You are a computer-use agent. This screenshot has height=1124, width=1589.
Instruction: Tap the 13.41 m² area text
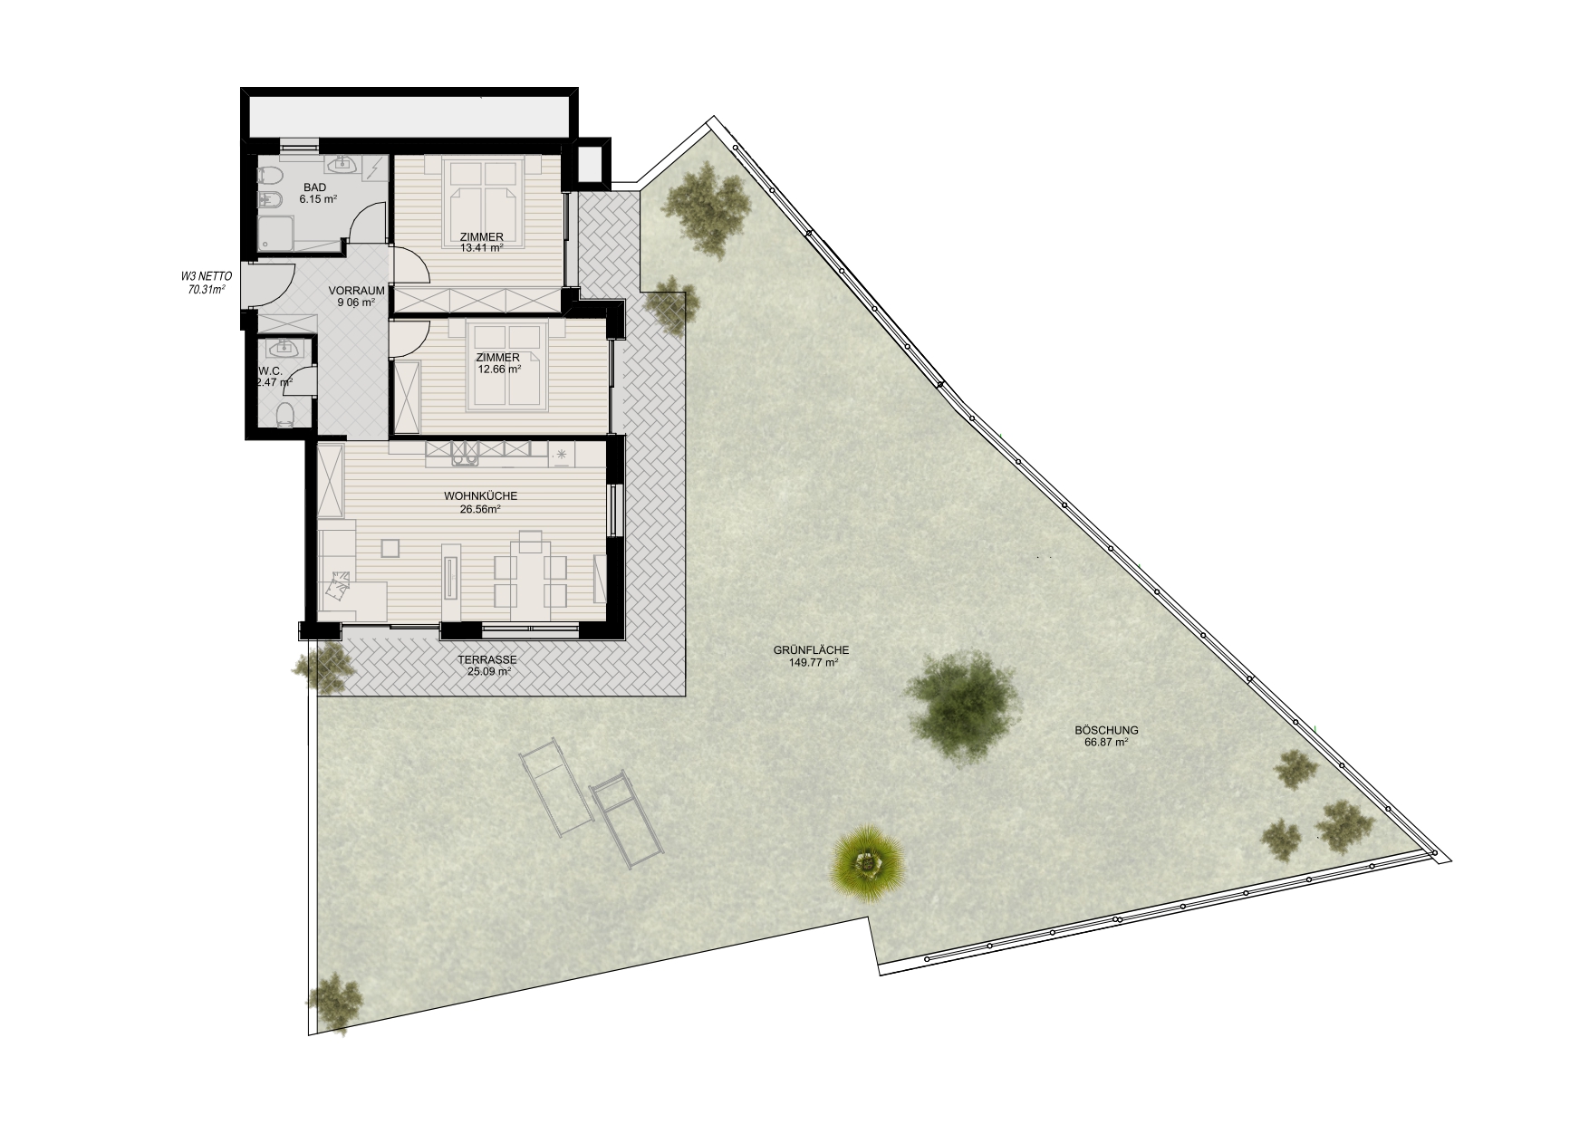(481, 248)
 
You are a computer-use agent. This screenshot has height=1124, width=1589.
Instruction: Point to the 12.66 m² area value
(499, 369)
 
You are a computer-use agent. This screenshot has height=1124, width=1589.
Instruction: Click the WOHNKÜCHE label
(480, 496)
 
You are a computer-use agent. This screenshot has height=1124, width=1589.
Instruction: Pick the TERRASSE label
(487, 660)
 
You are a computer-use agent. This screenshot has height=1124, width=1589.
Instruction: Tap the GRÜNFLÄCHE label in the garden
(811, 650)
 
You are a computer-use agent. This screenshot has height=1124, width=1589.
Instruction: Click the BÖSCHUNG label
(1106, 730)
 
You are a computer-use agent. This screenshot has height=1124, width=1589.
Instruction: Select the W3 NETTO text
(207, 277)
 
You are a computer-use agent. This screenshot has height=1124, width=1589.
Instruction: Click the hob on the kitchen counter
(465, 454)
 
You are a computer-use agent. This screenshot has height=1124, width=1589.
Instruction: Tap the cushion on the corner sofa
(339, 586)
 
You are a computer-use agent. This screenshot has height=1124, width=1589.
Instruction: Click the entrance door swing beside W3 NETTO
(271, 286)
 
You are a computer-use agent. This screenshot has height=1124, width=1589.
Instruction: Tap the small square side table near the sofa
(390, 548)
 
